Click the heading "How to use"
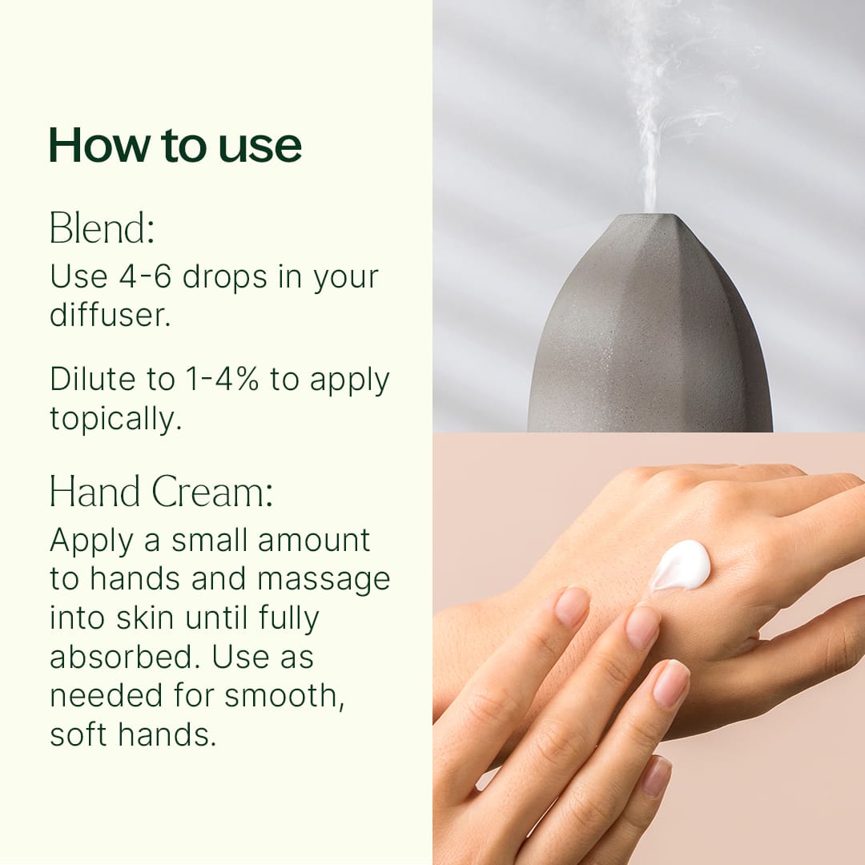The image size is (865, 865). point(175,145)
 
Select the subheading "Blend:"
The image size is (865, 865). point(102,227)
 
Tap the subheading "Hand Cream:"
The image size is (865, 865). point(161,491)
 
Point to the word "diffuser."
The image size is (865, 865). point(111,315)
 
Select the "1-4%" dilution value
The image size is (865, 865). point(222,379)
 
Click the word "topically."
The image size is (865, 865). point(116,419)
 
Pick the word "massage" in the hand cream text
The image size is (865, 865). point(324,580)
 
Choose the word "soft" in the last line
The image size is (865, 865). point(78,734)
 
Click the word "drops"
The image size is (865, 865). point(225,277)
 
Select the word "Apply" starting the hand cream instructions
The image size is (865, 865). point(91,541)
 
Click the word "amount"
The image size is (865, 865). point(314,541)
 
